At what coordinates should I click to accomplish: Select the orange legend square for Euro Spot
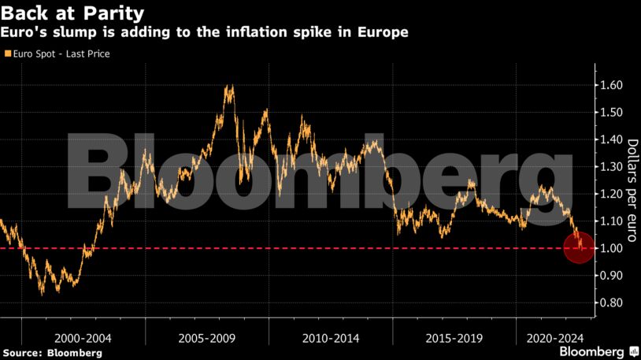(6, 54)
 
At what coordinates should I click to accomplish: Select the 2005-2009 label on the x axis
(206, 337)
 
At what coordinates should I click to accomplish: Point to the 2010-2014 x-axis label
(330, 337)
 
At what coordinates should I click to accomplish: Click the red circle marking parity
(580, 248)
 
